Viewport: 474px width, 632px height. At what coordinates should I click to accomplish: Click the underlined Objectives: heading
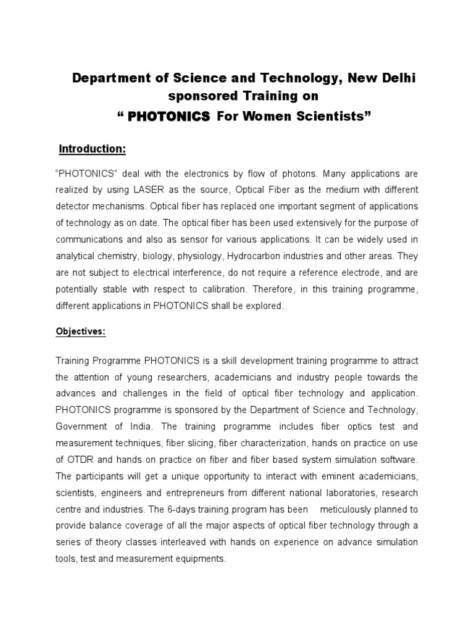(81, 331)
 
